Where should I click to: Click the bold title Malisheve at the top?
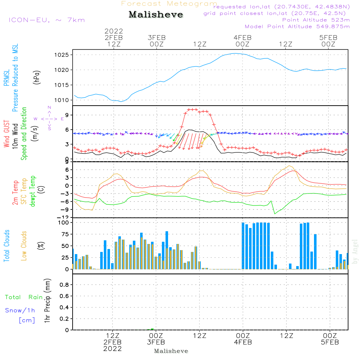pos(156,15)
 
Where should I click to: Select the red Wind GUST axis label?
pos(7,134)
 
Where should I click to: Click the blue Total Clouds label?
pos(7,246)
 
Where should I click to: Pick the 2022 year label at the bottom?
pos(113,348)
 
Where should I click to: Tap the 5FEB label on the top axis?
pos(328,37)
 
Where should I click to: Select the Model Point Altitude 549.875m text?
pos(297,26)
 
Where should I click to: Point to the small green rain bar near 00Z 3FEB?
pos(152,329)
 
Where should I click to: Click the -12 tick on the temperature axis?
pos(65,217)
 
